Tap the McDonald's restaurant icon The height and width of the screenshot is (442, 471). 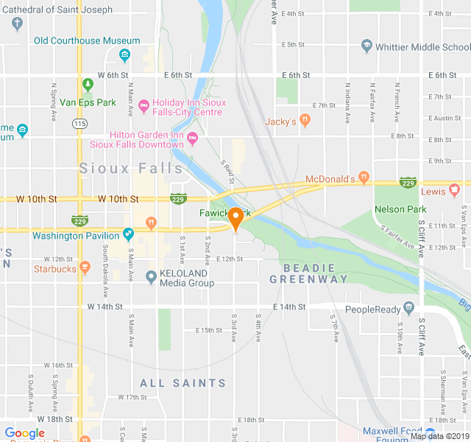pyautogui.click(x=364, y=179)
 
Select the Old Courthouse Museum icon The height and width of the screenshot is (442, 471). pyautogui.click(x=124, y=55)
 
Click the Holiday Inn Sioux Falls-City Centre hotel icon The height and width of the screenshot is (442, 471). pyautogui.click(x=144, y=105)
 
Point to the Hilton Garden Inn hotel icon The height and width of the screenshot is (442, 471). pyautogui.click(x=193, y=138)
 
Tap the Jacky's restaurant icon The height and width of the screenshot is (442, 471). pyautogui.click(x=306, y=122)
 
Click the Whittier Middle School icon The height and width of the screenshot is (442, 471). pyautogui.click(x=366, y=47)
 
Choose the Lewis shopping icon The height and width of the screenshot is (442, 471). pyautogui.click(x=454, y=191)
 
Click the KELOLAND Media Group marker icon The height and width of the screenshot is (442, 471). pyautogui.click(x=151, y=277)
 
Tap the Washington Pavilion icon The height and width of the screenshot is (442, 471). pyautogui.click(x=129, y=235)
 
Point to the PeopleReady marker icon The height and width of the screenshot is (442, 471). pyautogui.click(x=409, y=309)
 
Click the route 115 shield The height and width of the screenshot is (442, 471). pyautogui.click(x=79, y=124)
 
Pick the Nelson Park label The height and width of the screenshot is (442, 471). pyautogui.click(x=400, y=209)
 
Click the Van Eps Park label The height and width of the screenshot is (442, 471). pyautogui.click(x=88, y=102)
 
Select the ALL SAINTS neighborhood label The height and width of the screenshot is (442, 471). pyautogui.click(x=183, y=383)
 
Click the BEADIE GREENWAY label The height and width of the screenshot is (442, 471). pyautogui.click(x=308, y=273)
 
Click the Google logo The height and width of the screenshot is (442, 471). pyautogui.click(x=25, y=433)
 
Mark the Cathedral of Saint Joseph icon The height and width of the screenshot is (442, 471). pyautogui.click(x=18, y=24)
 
